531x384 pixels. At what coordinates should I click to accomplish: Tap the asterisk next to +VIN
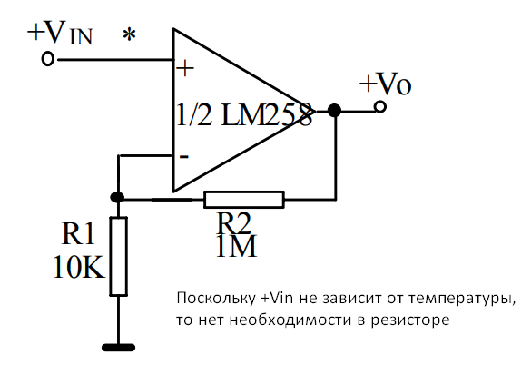click(130, 36)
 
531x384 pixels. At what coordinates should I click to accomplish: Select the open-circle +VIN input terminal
click(49, 60)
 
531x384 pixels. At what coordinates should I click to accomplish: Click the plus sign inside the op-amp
click(185, 69)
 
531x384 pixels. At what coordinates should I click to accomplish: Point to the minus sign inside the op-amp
click(183, 155)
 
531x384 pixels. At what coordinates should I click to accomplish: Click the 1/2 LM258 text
click(243, 115)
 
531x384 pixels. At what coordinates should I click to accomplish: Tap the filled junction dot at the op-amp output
click(334, 110)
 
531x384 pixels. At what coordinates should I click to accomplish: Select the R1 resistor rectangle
click(118, 256)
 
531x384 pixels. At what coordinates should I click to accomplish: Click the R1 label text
click(78, 234)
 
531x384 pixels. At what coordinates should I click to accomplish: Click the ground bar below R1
click(118, 346)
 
